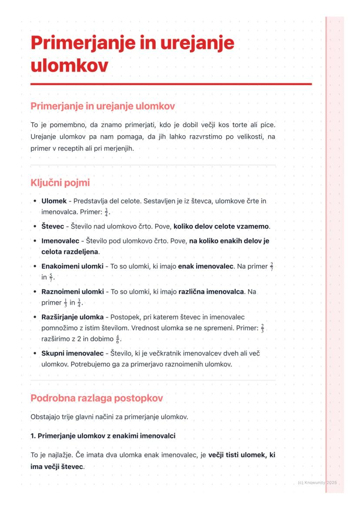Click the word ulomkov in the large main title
[69, 66]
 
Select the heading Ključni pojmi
[60, 183]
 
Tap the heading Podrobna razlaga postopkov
[97, 398]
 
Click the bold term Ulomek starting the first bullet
[54, 201]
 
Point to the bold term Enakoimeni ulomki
[72, 266]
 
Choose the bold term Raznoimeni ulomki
[72, 292]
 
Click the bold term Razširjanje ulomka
[72, 317]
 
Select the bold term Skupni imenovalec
[72, 353]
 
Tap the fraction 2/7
[271, 266]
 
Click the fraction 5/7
[51, 277]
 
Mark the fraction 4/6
[118, 339]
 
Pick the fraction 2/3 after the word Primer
[263, 328]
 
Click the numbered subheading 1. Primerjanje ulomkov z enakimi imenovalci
[103, 436]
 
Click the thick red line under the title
[171, 84]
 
